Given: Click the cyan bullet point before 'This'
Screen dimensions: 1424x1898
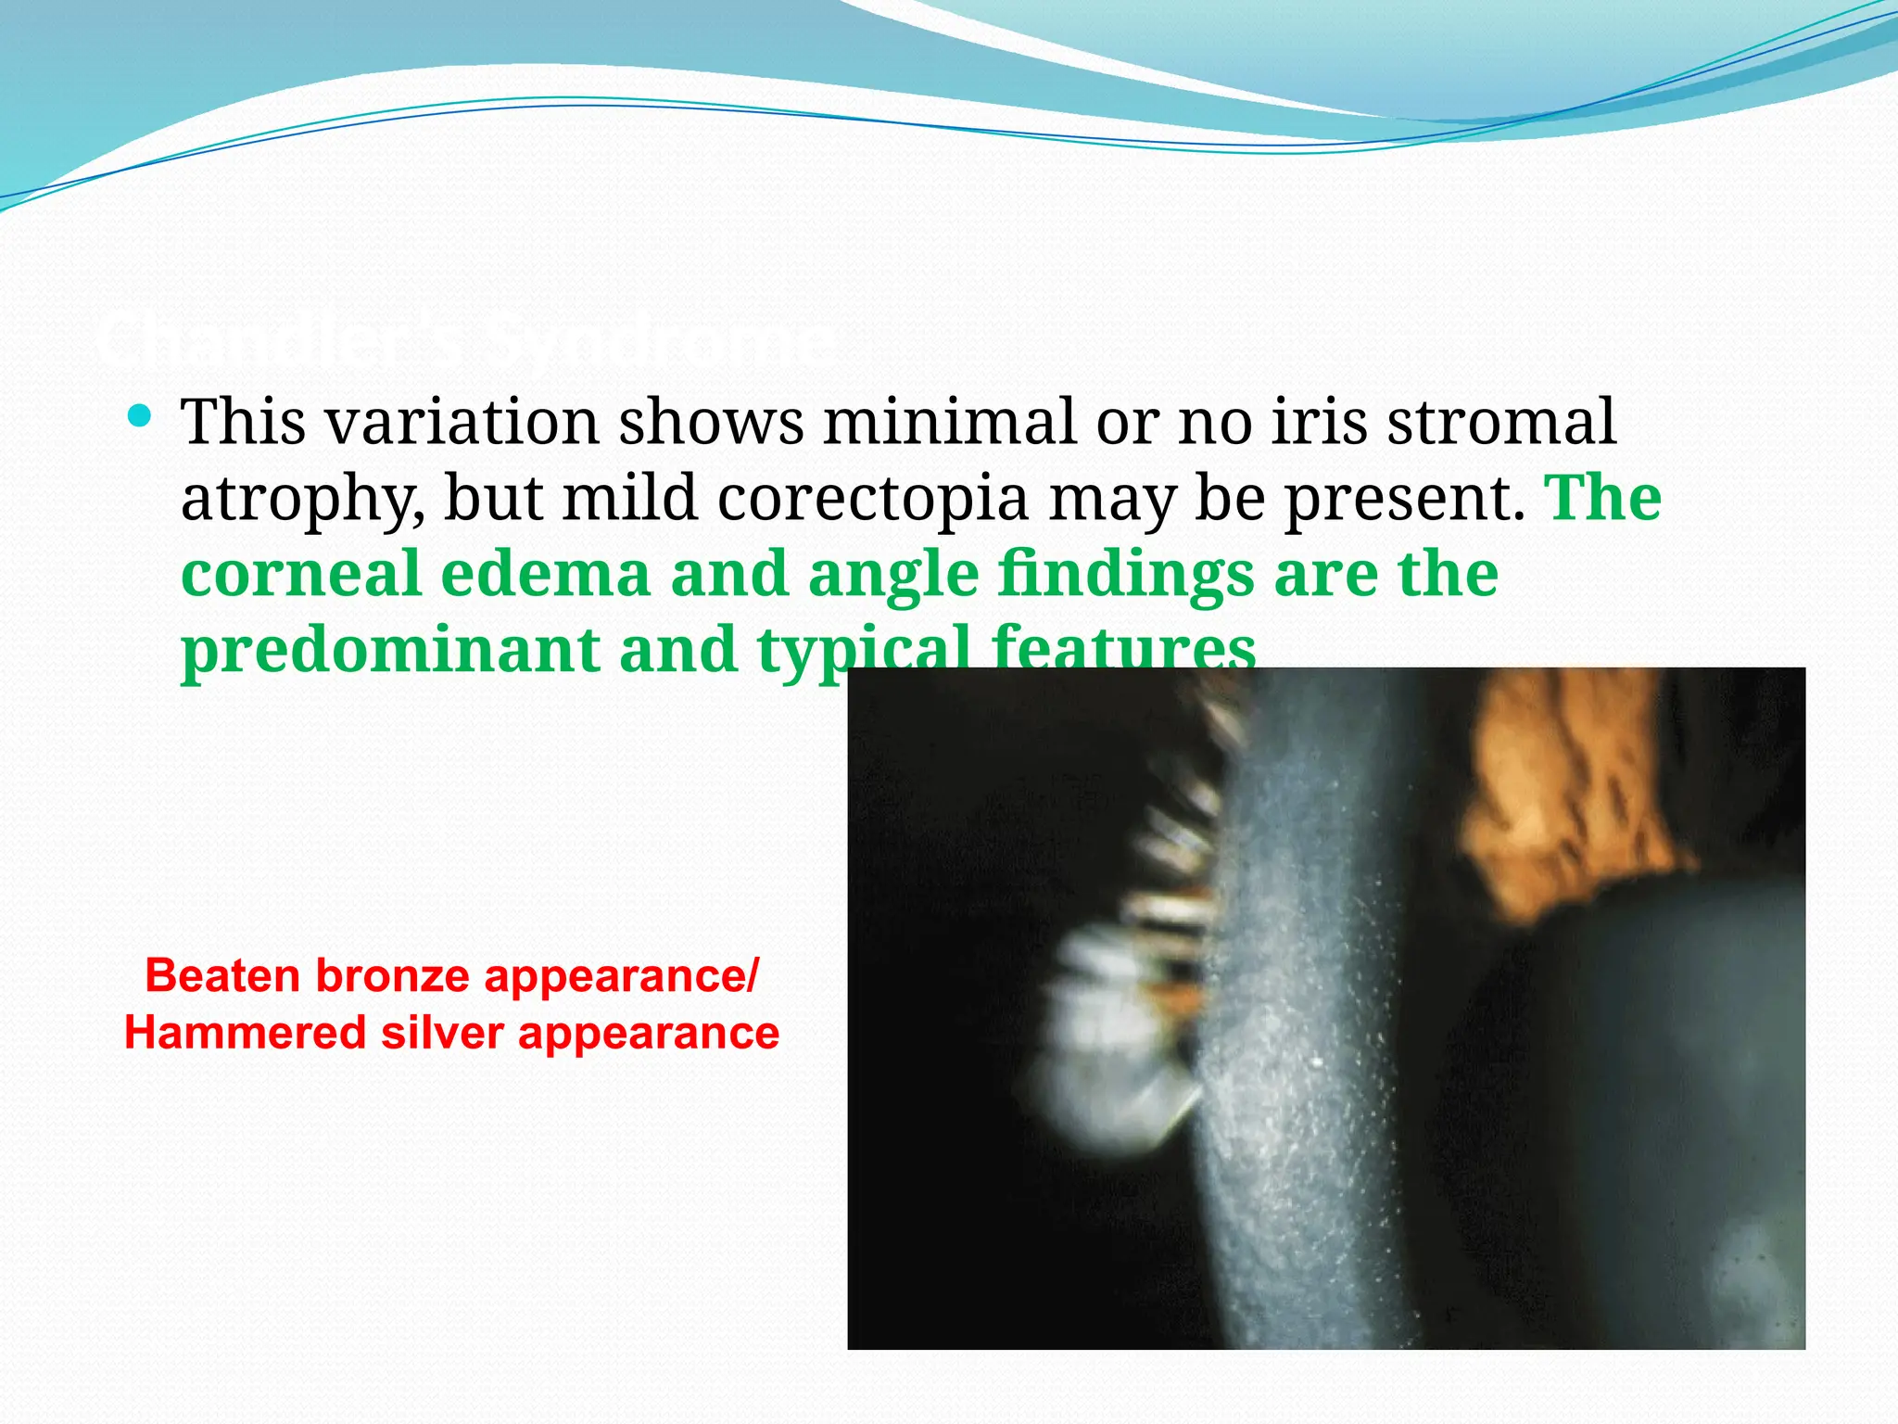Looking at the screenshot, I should click(x=140, y=415).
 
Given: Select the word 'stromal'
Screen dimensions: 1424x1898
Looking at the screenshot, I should click(x=1500, y=423).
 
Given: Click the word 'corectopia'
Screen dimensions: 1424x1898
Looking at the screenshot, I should click(x=872, y=499).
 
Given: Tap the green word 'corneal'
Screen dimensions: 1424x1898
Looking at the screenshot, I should click(x=300, y=574).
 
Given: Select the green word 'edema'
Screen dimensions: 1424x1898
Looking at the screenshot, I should click(x=545, y=574).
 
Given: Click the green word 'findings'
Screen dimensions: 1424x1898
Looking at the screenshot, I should click(x=1126, y=576).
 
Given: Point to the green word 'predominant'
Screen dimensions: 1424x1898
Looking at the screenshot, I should click(x=389, y=652).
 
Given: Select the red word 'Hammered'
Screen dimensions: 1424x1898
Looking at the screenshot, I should click(x=245, y=1034).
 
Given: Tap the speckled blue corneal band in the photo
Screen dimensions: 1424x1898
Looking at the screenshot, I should click(x=1316, y=1020).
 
